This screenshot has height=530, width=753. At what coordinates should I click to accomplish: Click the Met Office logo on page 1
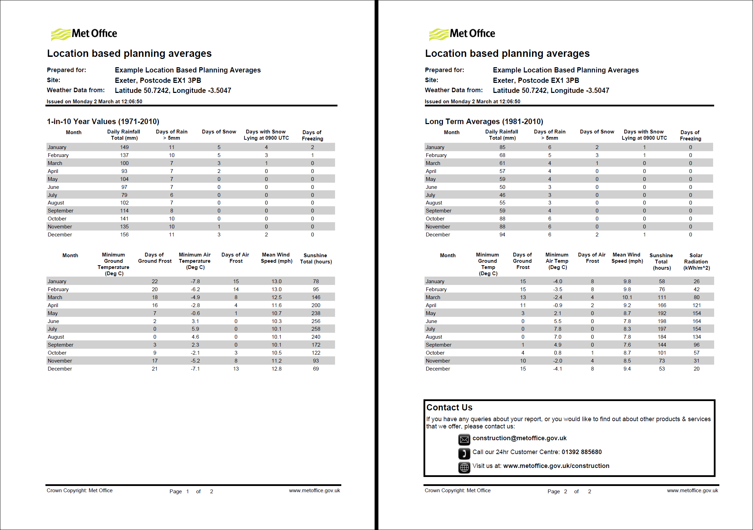(x=84, y=34)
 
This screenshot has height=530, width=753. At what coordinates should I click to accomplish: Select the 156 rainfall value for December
(x=124, y=235)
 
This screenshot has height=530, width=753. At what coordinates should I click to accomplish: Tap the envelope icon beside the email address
(x=464, y=440)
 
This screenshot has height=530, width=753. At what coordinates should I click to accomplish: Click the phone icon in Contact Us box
(x=464, y=453)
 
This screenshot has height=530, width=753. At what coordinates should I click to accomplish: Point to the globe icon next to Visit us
(x=464, y=467)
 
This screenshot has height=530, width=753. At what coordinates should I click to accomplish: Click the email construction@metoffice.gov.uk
(x=519, y=438)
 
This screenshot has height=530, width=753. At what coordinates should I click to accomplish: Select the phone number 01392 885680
(x=582, y=452)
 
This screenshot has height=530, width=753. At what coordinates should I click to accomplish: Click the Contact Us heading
(x=449, y=407)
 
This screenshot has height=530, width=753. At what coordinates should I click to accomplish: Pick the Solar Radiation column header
(x=696, y=261)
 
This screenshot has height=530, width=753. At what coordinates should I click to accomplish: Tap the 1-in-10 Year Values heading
(x=103, y=122)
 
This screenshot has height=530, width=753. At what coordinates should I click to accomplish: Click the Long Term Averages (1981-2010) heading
(x=484, y=122)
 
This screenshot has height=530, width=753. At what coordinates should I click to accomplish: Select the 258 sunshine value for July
(x=316, y=329)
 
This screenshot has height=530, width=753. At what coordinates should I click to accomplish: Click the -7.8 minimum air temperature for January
(x=195, y=281)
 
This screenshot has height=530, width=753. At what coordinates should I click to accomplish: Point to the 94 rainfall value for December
(x=502, y=235)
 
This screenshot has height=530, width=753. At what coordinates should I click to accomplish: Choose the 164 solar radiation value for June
(x=696, y=321)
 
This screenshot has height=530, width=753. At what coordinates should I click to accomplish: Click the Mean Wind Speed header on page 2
(x=627, y=258)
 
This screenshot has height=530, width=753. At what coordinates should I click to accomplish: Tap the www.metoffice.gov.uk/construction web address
(x=556, y=466)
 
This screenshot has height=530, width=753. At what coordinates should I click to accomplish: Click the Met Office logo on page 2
(x=462, y=34)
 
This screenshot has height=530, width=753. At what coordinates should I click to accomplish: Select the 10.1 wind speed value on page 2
(x=627, y=297)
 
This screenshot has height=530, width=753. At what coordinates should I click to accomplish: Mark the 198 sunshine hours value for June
(x=662, y=321)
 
